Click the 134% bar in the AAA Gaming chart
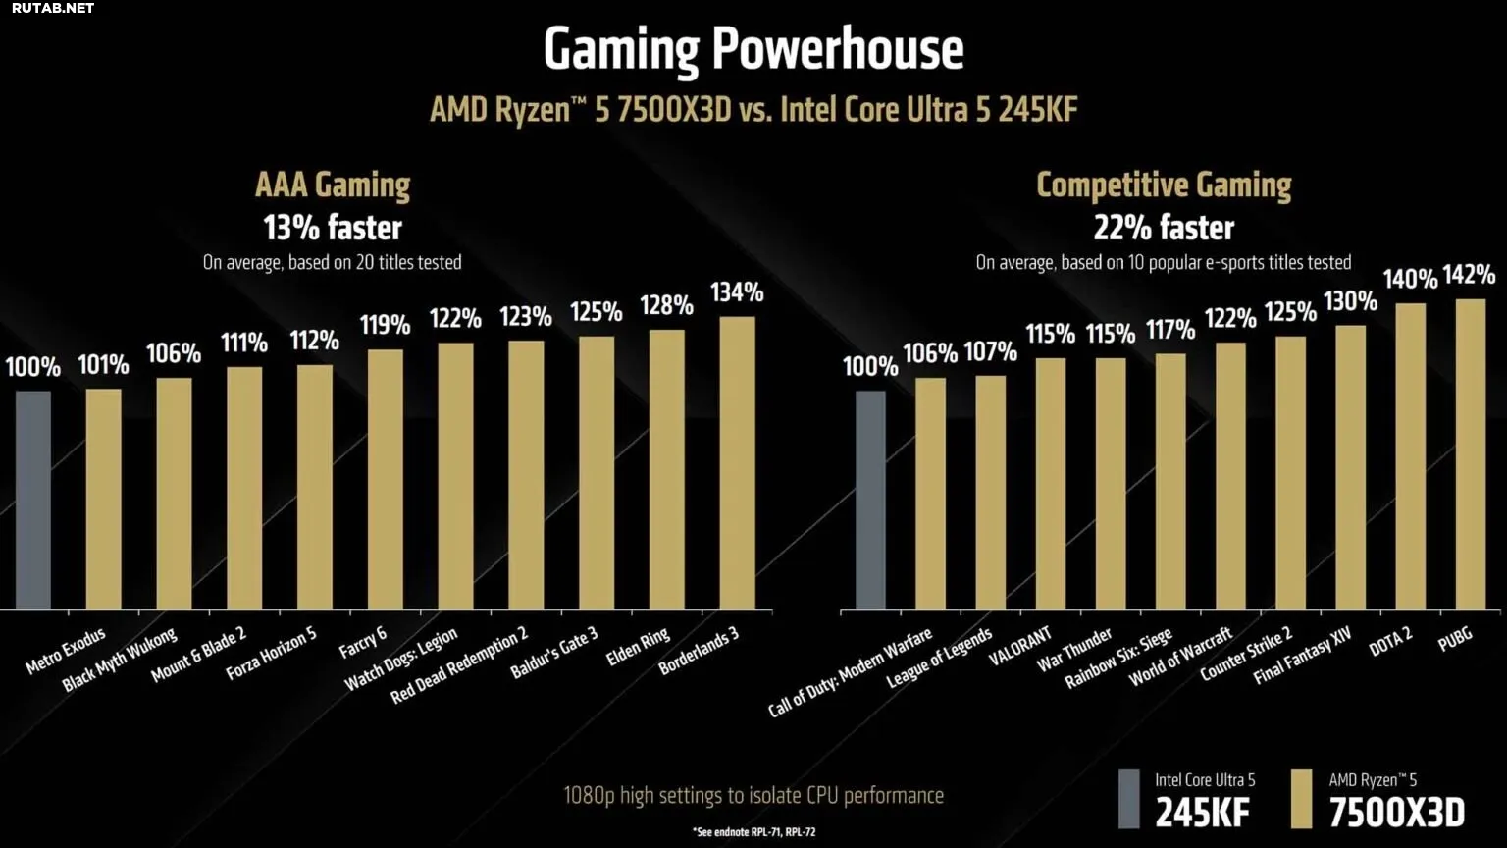tap(737, 462)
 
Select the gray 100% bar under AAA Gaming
tap(32, 500)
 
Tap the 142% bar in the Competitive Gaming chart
tap(1470, 453)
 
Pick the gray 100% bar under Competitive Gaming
tap(870, 500)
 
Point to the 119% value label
tap(385, 325)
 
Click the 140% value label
tap(1410, 280)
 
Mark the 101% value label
tap(103, 365)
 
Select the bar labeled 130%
tap(1350, 467)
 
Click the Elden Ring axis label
tap(638, 647)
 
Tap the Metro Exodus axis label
tap(66, 652)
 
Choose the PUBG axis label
tap(1455, 639)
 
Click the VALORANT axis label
tap(1020, 647)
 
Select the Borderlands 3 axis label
tap(699, 651)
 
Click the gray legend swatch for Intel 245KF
tap(1129, 799)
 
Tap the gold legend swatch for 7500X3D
tap(1302, 799)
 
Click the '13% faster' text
tap(333, 228)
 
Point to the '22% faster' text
tap(1164, 228)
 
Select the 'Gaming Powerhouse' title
tap(753, 49)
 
